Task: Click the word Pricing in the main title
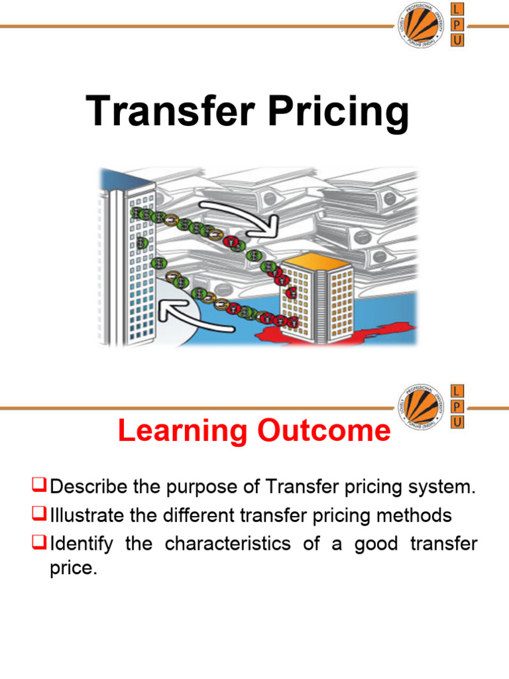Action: (337, 111)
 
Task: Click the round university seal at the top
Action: (421, 25)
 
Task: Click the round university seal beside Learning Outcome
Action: (421, 405)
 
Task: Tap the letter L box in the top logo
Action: (458, 9)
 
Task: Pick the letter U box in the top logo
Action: (458, 40)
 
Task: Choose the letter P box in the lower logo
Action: (458, 405)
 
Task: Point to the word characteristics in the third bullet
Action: (227, 544)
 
